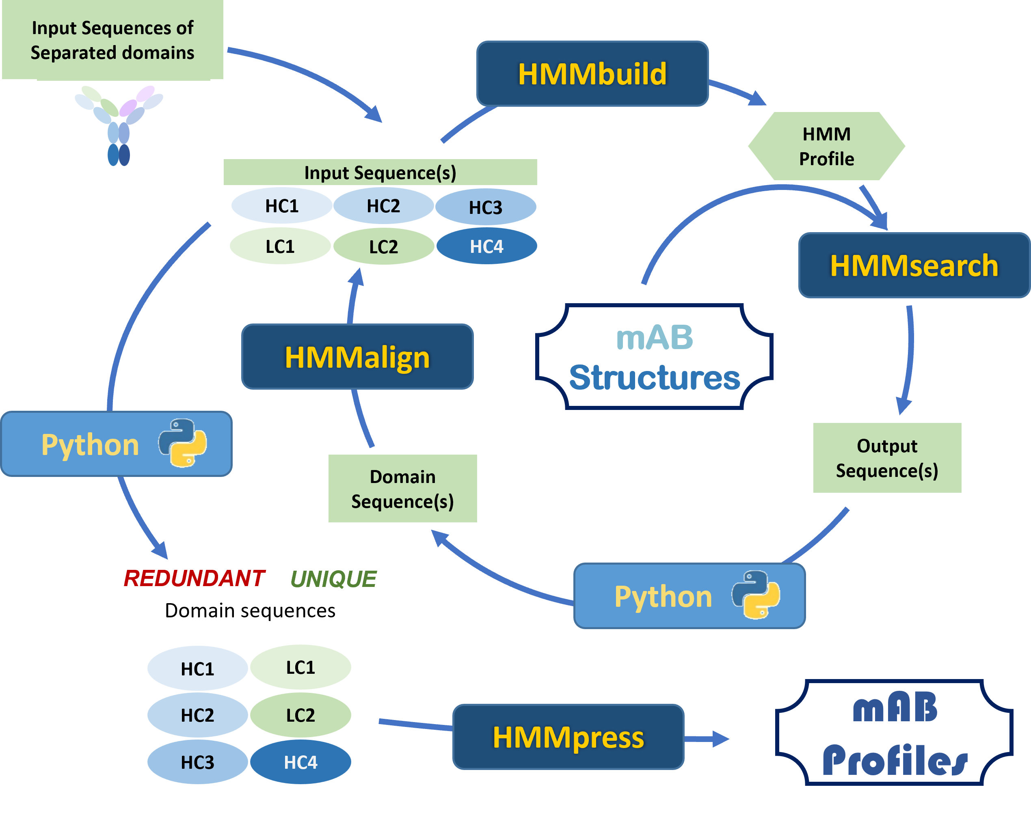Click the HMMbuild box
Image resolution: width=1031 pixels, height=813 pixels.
tap(592, 74)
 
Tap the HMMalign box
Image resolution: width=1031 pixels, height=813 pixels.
tap(357, 357)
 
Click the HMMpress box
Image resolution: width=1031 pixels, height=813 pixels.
tap(568, 737)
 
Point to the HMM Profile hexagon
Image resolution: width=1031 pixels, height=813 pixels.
tap(826, 146)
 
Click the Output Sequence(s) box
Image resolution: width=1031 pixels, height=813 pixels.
tap(887, 457)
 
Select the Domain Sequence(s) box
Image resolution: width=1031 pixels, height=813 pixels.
tap(402, 488)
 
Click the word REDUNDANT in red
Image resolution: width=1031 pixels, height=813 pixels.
tap(194, 579)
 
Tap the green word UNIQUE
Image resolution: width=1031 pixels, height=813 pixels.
tap(333, 579)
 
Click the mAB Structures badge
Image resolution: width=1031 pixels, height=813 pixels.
tap(654, 357)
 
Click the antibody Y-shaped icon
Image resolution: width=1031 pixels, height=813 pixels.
tap(119, 124)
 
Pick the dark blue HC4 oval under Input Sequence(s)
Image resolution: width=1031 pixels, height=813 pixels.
tap(486, 246)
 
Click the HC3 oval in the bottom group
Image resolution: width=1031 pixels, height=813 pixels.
tap(197, 762)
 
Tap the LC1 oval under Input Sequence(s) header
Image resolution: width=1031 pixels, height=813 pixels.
tap(280, 246)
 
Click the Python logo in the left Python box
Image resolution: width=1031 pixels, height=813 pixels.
tap(182, 443)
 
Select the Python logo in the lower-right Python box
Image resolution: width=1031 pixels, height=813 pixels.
tap(756, 595)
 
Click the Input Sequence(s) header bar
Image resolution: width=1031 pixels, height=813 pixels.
tap(380, 173)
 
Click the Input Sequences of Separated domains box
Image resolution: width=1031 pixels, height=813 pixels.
tap(112, 40)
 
